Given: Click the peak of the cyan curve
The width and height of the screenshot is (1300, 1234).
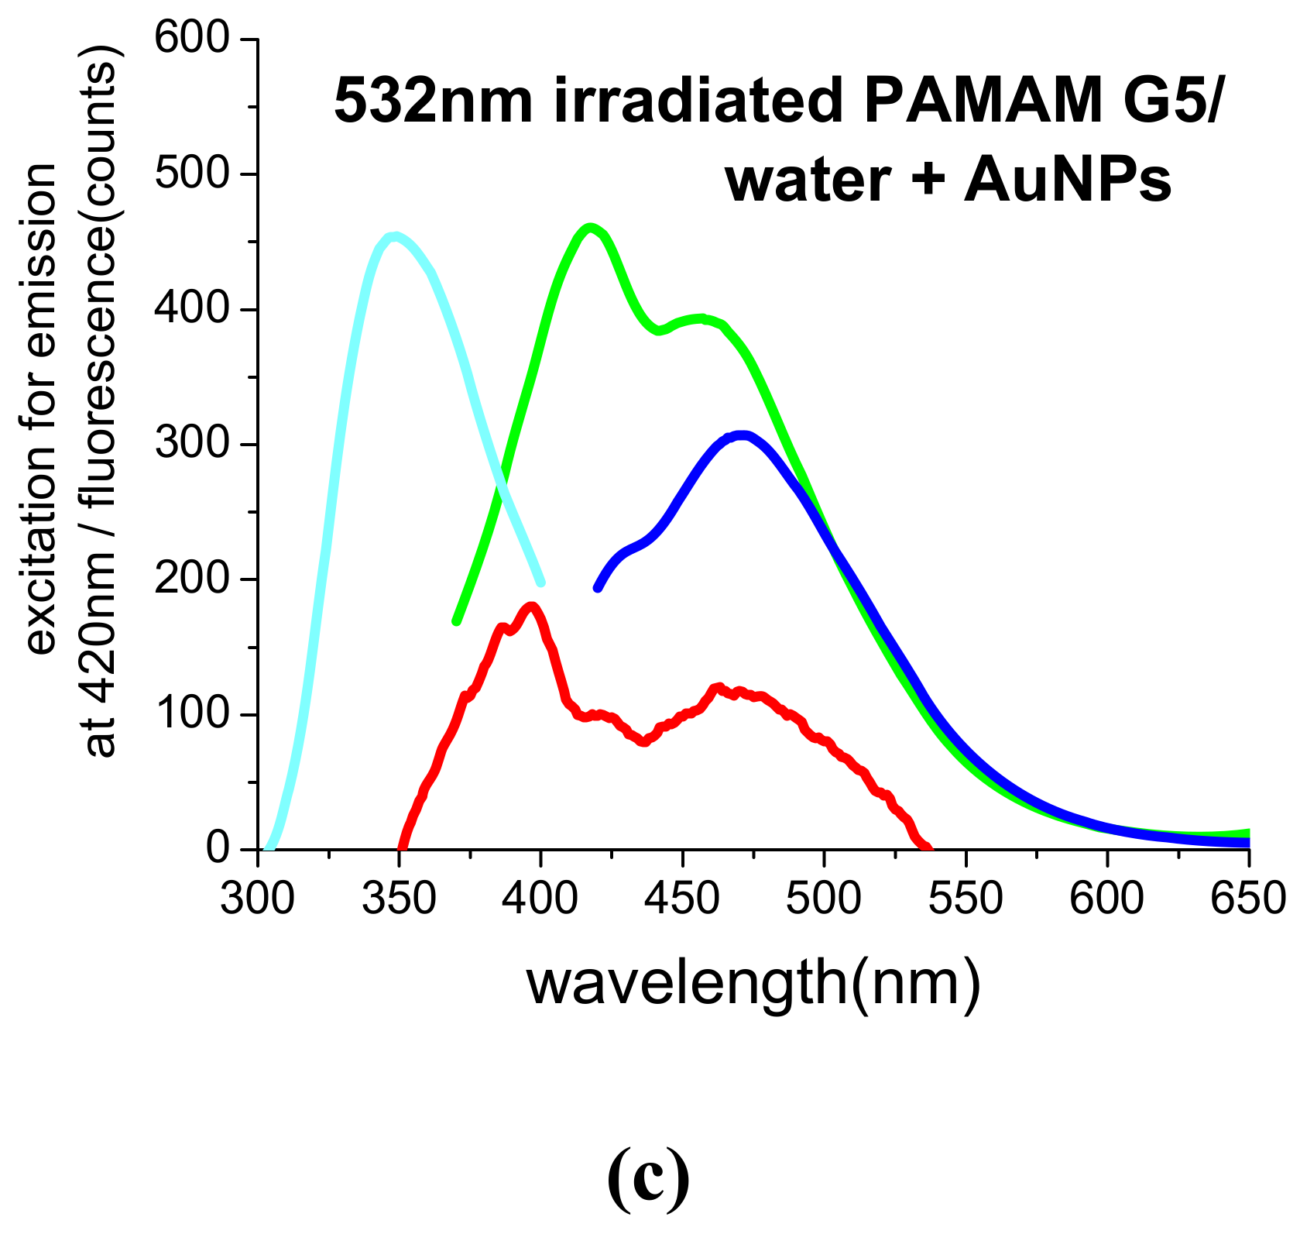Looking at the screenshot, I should pyautogui.click(x=396, y=236).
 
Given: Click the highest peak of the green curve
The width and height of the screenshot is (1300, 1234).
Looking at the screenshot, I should pyautogui.click(x=590, y=228).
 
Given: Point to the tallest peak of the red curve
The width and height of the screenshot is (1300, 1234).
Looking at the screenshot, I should pyautogui.click(x=532, y=606).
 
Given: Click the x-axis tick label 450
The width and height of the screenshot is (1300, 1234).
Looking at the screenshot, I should pyautogui.click(x=681, y=899).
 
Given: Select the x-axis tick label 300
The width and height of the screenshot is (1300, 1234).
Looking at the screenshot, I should pyautogui.click(x=257, y=899).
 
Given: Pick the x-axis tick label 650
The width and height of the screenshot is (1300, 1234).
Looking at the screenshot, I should pyautogui.click(x=1247, y=899).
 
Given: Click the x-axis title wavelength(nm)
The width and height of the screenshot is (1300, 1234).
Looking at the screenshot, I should pyautogui.click(x=753, y=984).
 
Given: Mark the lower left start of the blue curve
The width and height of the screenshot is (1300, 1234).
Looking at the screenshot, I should pyautogui.click(x=598, y=588).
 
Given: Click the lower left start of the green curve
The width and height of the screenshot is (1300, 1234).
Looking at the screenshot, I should pyautogui.click(x=457, y=620).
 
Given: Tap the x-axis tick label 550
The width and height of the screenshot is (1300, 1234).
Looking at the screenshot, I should pyautogui.click(x=966, y=899).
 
